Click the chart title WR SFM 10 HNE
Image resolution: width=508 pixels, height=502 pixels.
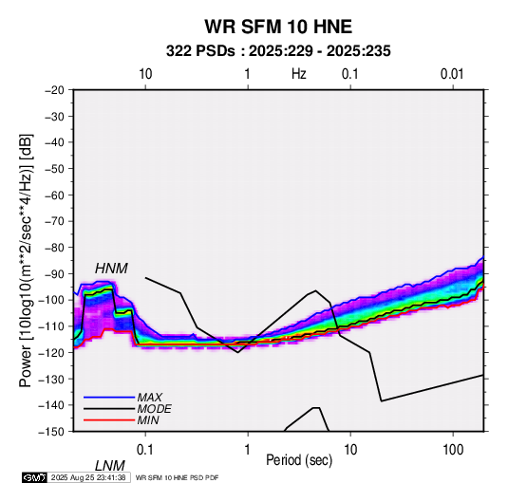278,27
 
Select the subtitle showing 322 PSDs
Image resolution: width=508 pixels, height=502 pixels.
278,51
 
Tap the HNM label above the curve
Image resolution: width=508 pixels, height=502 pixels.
111,269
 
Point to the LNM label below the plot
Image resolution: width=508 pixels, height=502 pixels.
110,466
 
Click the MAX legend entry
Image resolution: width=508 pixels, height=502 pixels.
149,397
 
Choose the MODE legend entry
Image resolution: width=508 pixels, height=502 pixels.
154,409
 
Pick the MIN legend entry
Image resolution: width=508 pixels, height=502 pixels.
148,420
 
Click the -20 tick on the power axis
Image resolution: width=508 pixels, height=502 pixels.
54,90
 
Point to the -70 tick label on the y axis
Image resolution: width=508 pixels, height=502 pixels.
54,221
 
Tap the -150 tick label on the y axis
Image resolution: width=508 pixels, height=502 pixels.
51,432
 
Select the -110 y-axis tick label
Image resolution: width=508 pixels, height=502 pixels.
51,326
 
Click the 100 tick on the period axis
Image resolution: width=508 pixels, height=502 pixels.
453,450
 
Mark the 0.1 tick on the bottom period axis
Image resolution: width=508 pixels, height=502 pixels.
145,450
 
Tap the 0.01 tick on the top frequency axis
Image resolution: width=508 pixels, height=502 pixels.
452,74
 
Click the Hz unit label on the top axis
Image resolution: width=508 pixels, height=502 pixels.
299,74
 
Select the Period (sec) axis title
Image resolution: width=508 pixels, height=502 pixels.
299,460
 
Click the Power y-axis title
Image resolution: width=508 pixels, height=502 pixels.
26,260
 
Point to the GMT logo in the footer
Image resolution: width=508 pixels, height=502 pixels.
34,477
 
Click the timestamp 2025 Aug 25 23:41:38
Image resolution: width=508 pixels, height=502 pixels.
88,477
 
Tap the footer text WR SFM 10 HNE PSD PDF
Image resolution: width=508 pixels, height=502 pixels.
177,478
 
